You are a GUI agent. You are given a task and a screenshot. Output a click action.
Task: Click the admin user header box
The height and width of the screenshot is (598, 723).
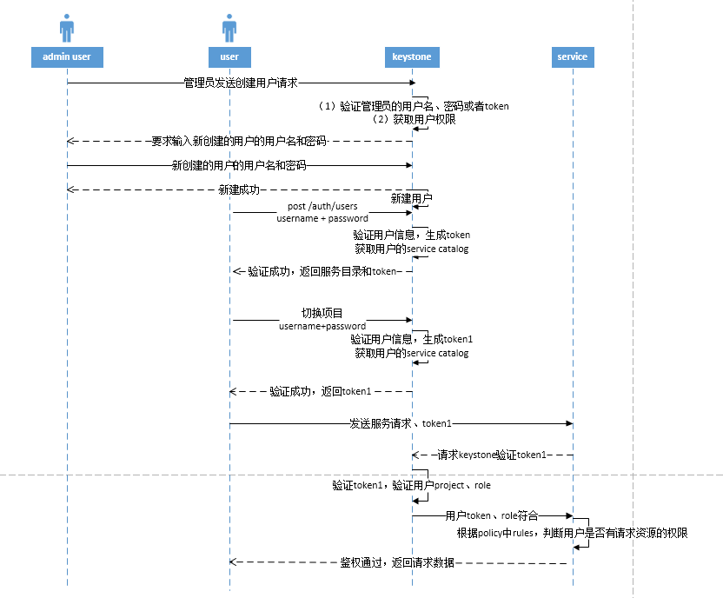[67, 57]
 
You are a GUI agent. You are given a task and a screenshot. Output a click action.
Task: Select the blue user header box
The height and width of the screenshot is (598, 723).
[229, 57]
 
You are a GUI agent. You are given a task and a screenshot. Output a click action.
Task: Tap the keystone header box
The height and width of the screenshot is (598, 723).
[411, 57]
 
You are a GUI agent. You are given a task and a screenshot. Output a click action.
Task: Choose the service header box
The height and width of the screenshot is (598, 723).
[572, 57]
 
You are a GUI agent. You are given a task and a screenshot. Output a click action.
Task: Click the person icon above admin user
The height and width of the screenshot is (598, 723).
[67, 28]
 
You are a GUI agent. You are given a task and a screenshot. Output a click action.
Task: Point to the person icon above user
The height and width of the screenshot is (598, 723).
[229, 28]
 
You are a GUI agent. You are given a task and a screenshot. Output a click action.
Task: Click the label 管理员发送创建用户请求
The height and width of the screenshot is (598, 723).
[241, 83]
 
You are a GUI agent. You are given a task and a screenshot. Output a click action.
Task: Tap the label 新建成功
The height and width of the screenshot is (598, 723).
[239, 189]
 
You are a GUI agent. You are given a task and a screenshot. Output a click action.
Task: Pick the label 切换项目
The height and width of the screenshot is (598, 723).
[322, 313]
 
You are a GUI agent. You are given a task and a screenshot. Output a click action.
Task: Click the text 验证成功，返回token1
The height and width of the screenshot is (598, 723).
[321, 392]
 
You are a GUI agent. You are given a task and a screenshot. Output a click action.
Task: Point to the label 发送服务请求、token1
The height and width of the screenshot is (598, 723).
[401, 423]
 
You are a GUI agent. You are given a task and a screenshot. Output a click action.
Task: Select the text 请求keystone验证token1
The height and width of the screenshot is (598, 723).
[492, 455]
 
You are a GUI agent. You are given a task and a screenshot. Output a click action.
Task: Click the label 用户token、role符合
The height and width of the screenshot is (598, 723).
[492, 515]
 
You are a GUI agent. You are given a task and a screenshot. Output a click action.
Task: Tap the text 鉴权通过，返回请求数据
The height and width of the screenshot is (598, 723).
[397, 563]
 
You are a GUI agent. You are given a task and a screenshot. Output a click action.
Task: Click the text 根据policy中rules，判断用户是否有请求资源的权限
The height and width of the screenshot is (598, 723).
[573, 533]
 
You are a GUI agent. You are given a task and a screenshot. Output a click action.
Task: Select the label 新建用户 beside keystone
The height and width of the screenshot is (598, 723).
[411, 198]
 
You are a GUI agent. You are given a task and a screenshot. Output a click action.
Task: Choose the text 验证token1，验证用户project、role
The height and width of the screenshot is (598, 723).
[411, 485]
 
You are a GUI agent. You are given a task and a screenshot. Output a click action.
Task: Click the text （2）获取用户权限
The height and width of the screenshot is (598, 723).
[414, 119]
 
